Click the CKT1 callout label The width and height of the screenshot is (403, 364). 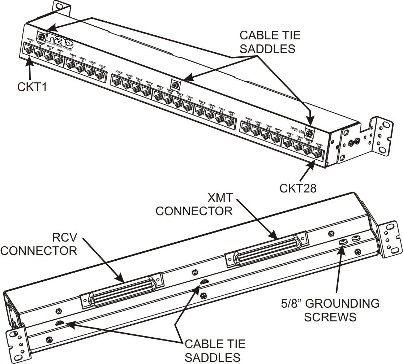point(31,87)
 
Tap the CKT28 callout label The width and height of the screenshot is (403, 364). point(298,188)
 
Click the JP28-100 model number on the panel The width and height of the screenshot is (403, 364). point(297,127)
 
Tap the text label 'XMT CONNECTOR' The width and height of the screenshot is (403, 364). point(194,204)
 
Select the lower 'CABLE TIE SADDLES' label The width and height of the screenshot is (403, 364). point(215,350)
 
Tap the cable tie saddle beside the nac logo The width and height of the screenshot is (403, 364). point(42,36)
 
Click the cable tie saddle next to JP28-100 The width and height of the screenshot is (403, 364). point(310,131)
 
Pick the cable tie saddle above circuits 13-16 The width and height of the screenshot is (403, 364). point(175,85)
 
